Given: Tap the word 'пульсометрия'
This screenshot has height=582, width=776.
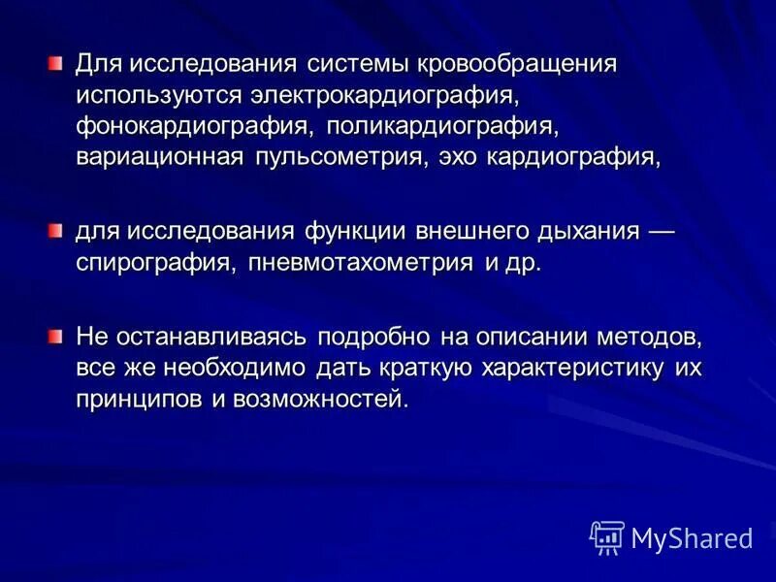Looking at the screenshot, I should pyautogui.click(x=336, y=159).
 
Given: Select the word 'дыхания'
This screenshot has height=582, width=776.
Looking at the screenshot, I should pyautogui.click(x=586, y=233).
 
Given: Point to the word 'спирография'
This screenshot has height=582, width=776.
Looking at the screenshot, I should pyautogui.click(x=155, y=264).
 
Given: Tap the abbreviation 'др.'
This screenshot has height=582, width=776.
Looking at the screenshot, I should pyautogui.click(x=521, y=264).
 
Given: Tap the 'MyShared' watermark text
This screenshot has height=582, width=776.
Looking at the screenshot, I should pyautogui.click(x=691, y=537).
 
